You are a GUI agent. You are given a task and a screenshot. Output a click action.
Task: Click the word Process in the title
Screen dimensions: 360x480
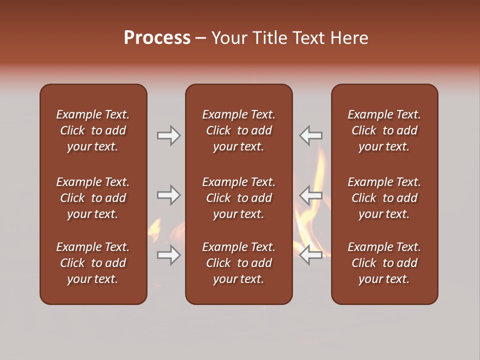click(157, 38)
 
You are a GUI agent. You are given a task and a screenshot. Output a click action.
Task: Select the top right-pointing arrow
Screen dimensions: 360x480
click(169, 135)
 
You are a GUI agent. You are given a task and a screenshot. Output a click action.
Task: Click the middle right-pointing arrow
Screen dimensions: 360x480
click(169, 195)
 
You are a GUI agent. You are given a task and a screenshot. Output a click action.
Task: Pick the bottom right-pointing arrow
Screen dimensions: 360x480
click(169, 255)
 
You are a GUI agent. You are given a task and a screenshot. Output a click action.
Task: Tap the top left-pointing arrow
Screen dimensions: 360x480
click(310, 135)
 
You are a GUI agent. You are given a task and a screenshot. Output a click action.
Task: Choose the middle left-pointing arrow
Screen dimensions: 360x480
click(310, 195)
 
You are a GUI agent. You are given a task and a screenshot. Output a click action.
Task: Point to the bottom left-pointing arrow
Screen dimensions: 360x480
click(310, 255)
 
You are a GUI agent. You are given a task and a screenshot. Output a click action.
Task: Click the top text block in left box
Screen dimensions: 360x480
click(93, 130)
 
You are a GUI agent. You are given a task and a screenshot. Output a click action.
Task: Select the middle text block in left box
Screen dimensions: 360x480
click(93, 198)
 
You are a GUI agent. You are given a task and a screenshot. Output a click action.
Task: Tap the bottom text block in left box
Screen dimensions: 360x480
click(93, 263)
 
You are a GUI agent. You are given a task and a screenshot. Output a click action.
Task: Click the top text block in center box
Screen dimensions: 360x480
click(238, 130)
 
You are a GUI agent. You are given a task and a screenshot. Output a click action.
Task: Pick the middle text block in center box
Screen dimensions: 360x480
click(238, 198)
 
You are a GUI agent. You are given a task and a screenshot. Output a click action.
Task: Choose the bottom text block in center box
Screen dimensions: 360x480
click(238, 263)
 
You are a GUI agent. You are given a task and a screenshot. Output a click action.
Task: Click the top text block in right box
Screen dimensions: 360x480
click(384, 130)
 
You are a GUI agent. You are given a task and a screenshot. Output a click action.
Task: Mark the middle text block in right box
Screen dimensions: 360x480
click(384, 198)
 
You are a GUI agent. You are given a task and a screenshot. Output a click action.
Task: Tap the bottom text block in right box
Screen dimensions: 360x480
click(384, 263)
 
